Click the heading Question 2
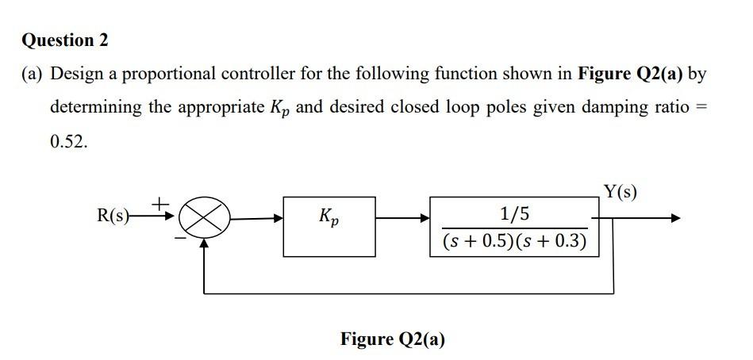[65, 40]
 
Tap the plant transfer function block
[514, 227]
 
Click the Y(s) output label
[620, 192]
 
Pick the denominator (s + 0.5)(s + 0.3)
[514, 240]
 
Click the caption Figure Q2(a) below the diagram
[393, 339]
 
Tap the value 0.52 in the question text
[68, 141]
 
